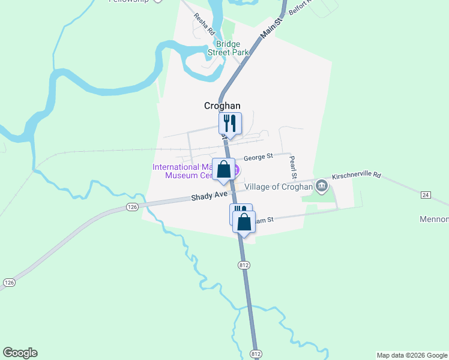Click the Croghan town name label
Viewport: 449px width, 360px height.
[222, 106]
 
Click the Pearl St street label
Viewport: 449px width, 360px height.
[293, 168]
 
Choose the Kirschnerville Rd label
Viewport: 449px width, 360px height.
[357, 176]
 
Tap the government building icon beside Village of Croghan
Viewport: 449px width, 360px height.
[322, 186]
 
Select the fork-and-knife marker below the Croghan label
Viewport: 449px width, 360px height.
[230, 123]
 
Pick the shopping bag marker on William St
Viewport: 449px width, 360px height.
[244, 221]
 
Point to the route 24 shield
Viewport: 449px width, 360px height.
[426, 195]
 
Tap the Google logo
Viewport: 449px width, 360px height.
[20, 353]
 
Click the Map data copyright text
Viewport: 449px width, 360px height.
[411, 355]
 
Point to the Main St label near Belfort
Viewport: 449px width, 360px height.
[270, 28]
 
